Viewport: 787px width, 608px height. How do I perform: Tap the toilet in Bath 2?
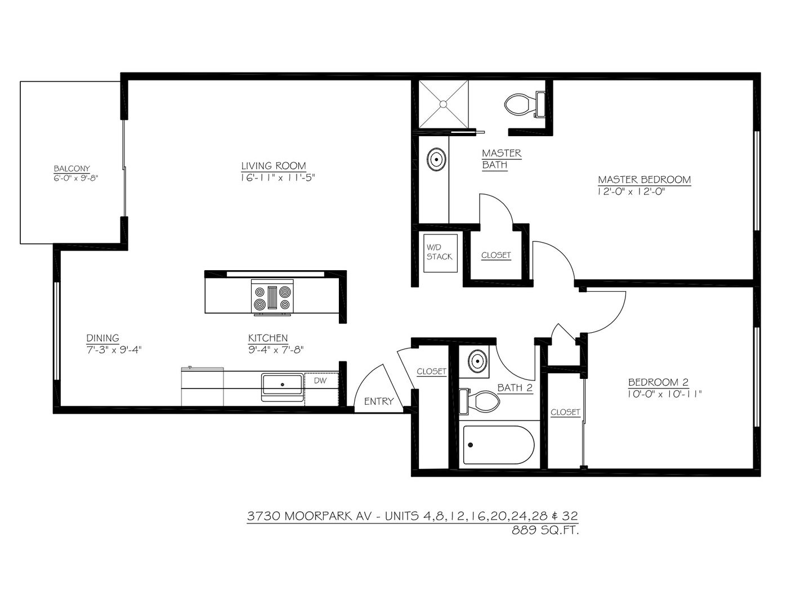click(x=479, y=401)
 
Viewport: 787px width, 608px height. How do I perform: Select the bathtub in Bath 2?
click(x=499, y=445)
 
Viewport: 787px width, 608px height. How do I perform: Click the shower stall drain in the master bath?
click(x=443, y=104)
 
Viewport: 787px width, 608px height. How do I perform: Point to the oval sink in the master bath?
click(x=436, y=159)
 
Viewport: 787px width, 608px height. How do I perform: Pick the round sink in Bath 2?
click(x=478, y=361)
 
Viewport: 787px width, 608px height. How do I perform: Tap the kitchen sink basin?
click(x=283, y=385)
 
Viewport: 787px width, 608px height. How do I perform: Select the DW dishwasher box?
click(x=321, y=389)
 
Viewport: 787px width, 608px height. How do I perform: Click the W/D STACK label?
click(x=439, y=252)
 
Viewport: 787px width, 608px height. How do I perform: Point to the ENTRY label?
click(x=379, y=401)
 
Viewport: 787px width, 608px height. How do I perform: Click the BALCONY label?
click(x=71, y=168)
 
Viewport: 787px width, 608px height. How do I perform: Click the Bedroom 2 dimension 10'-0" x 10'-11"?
click(x=665, y=394)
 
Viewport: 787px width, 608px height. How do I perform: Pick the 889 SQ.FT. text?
click(x=545, y=530)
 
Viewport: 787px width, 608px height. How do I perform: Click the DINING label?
click(x=103, y=338)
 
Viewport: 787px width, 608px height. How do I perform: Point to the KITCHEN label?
click(x=268, y=338)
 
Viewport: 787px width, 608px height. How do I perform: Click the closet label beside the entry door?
click(x=431, y=371)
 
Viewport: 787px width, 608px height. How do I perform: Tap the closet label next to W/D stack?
click(x=496, y=255)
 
